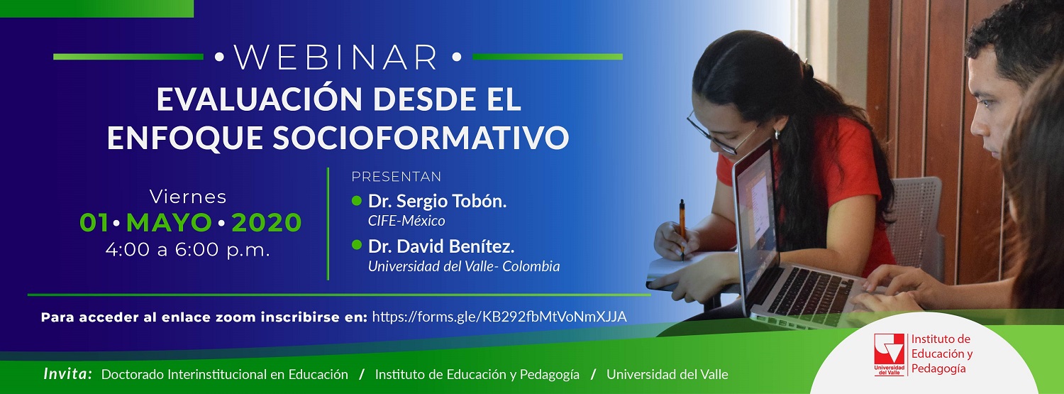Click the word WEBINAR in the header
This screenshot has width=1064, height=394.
click(336, 58)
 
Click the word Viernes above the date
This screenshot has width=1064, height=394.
click(188, 197)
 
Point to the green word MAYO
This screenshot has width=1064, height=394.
click(169, 222)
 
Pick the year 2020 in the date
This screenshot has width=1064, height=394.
click(267, 222)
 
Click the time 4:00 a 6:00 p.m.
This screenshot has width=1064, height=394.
click(188, 249)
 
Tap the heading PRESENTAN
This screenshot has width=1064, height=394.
click(396, 177)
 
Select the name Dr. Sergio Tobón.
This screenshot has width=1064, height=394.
click(437, 201)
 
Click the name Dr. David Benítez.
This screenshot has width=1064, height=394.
click(441, 246)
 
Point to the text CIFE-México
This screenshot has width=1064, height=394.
click(406, 221)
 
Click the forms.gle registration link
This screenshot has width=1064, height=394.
click(499, 317)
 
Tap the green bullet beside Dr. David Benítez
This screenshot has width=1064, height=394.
click(356, 245)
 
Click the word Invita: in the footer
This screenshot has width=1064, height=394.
click(67, 374)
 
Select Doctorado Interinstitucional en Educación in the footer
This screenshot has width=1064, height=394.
click(225, 375)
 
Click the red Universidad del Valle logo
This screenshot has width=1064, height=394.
click(890, 354)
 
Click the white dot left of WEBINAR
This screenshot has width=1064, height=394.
click(219, 58)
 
